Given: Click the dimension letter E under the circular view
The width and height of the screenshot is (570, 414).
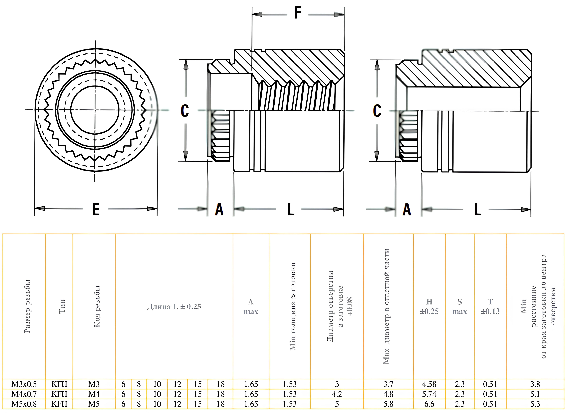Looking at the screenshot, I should pyautogui.click(x=96, y=209).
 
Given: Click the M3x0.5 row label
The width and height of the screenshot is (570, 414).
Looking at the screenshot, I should pyautogui.click(x=24, y=384).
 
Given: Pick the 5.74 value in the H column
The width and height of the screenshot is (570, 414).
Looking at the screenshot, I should pyautogui.click(x=429, y=394).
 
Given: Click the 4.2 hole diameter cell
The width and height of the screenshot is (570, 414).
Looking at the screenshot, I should pyautogui.click(x=337, y=394).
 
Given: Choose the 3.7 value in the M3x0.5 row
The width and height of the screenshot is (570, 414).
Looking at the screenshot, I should pyautogui.click(x=388, y=384).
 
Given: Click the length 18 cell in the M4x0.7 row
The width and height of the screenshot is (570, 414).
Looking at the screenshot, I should pyautogui.click(x=220, y=394).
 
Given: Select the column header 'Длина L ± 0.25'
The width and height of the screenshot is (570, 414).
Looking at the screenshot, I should pyautogui.click(x=174, y=306).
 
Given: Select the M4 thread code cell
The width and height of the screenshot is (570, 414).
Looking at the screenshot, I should pyautogui.click(x=94, y=394).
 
